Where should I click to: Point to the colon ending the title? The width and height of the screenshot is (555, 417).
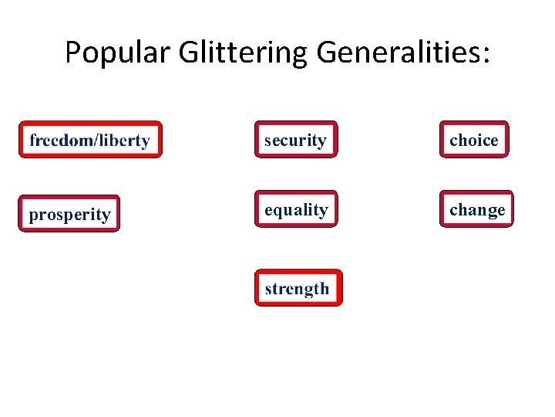485,56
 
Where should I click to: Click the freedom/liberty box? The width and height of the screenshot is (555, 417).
90,140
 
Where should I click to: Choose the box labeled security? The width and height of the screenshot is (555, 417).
296,140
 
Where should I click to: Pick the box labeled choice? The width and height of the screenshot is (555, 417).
474,140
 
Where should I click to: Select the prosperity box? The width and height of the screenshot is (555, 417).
69,214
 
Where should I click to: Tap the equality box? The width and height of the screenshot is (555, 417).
296,209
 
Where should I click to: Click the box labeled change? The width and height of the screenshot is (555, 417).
476,209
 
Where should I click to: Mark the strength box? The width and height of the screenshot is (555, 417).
298,289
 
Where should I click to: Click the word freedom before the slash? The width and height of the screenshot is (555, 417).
59,140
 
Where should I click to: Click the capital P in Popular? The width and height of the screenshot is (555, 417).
72,53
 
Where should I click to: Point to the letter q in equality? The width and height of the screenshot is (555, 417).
279,212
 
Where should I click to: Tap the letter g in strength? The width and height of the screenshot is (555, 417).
313,291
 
